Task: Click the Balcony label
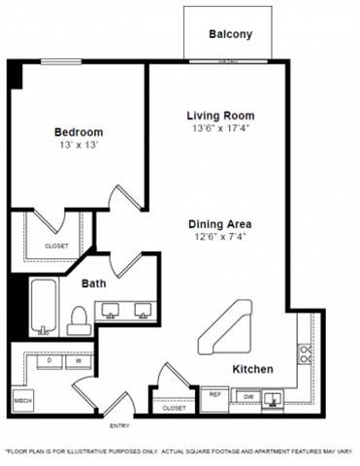(230, 34)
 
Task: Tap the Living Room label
(220, 116)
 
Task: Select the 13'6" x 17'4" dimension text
(220, 129)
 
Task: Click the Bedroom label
(78, 132)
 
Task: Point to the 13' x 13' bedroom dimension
(78, 146)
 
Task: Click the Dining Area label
(219, 224)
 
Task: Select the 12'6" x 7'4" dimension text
(219, 238)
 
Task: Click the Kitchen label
(251, 369)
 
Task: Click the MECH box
(21, 399)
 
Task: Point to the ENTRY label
(118, 425)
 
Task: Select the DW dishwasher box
(247, 397)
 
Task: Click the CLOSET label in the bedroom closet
(56, 246)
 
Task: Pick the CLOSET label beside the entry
(175, 409)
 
